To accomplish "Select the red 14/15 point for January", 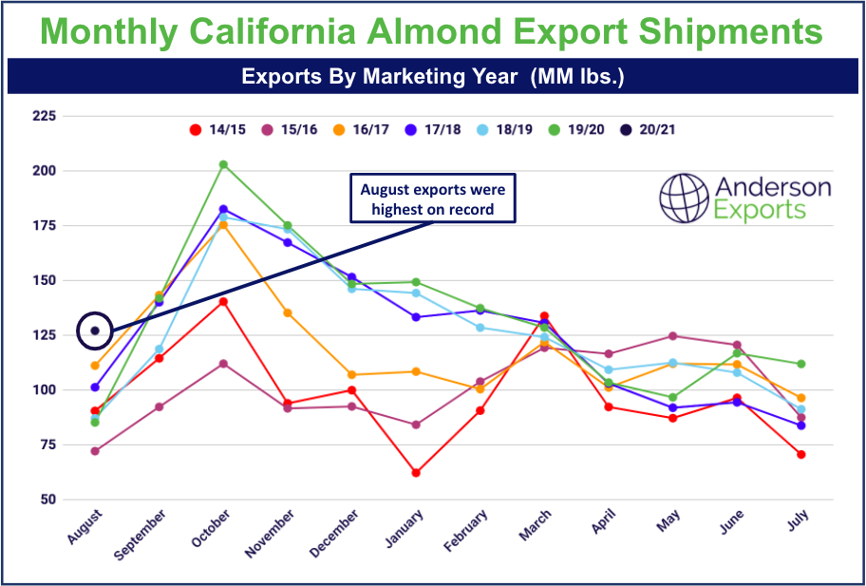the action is tap(416, 472).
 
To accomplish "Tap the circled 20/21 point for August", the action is tap(95, 331).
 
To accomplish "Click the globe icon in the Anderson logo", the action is tap(685, 197).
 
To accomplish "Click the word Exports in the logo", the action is tap(760, 210).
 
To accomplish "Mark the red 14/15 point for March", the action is tap(545, 316).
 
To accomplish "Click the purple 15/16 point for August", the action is tap(95, 451).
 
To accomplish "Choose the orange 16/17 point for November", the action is tap(288, 312).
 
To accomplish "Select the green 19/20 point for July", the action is tap(800, 364).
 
